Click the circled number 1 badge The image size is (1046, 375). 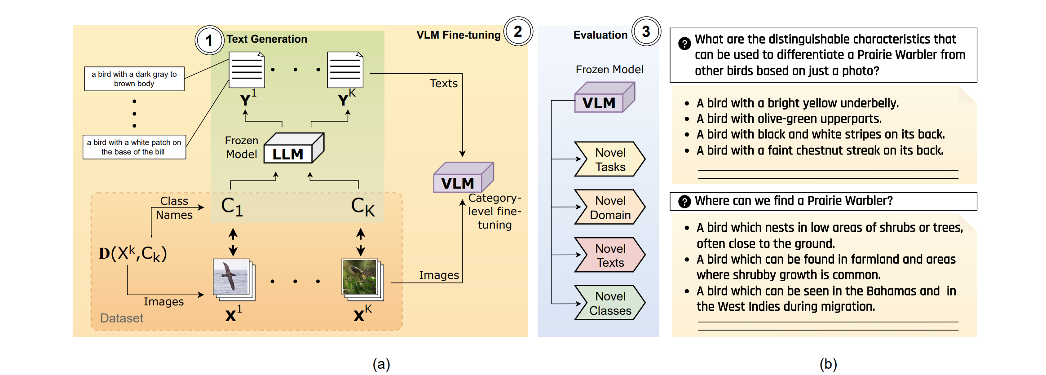point(209,40)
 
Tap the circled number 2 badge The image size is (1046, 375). point(518,31)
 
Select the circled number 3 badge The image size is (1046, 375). point(646,31)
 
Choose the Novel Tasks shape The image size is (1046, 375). point(609,159)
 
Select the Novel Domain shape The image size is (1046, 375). point(609,207)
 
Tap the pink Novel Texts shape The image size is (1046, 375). point(609,255)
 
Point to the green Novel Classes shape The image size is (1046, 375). point(609,303)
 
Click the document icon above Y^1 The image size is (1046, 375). point(246,70)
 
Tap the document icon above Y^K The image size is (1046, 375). point(344,70)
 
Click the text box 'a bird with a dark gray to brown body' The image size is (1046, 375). point(134,79)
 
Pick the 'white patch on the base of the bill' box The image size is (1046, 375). point(134,147)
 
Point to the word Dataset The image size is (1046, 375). point(122,318)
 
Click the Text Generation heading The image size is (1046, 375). point(267,39)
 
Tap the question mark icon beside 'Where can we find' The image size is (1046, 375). point(684,202)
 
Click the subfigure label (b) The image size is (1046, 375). point(828,364)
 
